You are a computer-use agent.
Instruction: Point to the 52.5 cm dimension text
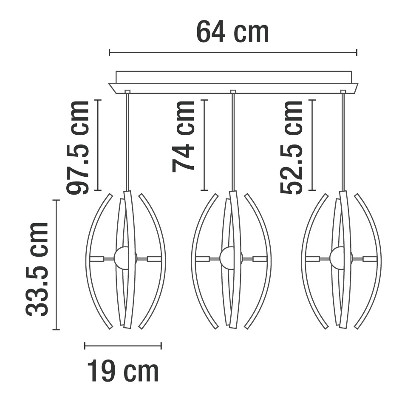[292, 147]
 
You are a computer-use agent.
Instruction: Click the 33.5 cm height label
[37, 269]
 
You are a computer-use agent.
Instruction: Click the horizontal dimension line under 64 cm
[233, 52]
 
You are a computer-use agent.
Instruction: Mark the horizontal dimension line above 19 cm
[123, 345]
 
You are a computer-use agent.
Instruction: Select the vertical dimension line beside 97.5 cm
[98, 145]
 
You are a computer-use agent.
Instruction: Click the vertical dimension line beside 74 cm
[204, 145]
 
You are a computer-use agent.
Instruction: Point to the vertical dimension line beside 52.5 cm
[312, 145]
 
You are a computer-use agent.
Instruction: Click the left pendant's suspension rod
[127, 140]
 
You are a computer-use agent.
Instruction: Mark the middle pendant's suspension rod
[232, 140]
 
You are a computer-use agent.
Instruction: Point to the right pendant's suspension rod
[343, 140]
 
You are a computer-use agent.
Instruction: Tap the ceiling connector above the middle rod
[232, 91]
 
